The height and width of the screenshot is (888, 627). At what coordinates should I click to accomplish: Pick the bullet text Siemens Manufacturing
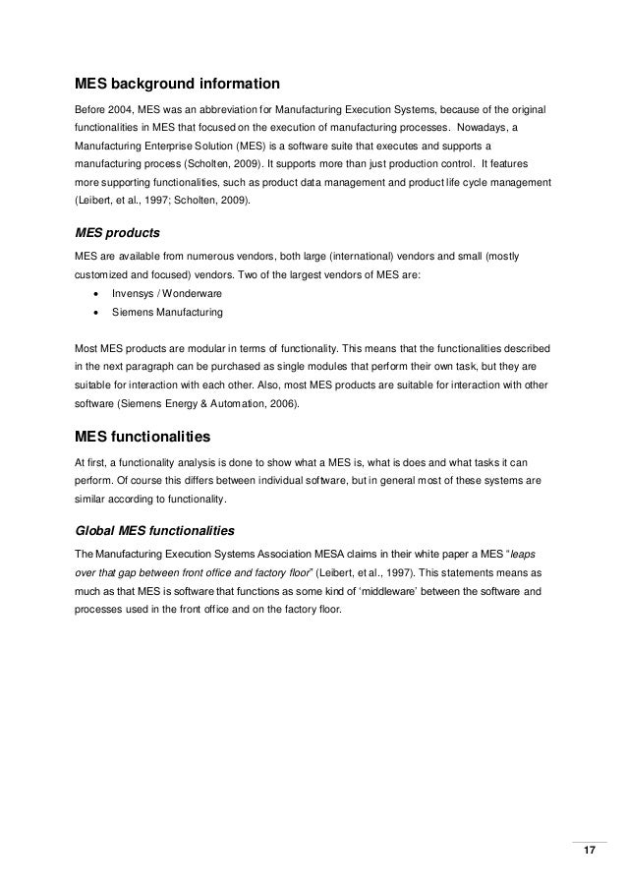pos(169,313)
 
